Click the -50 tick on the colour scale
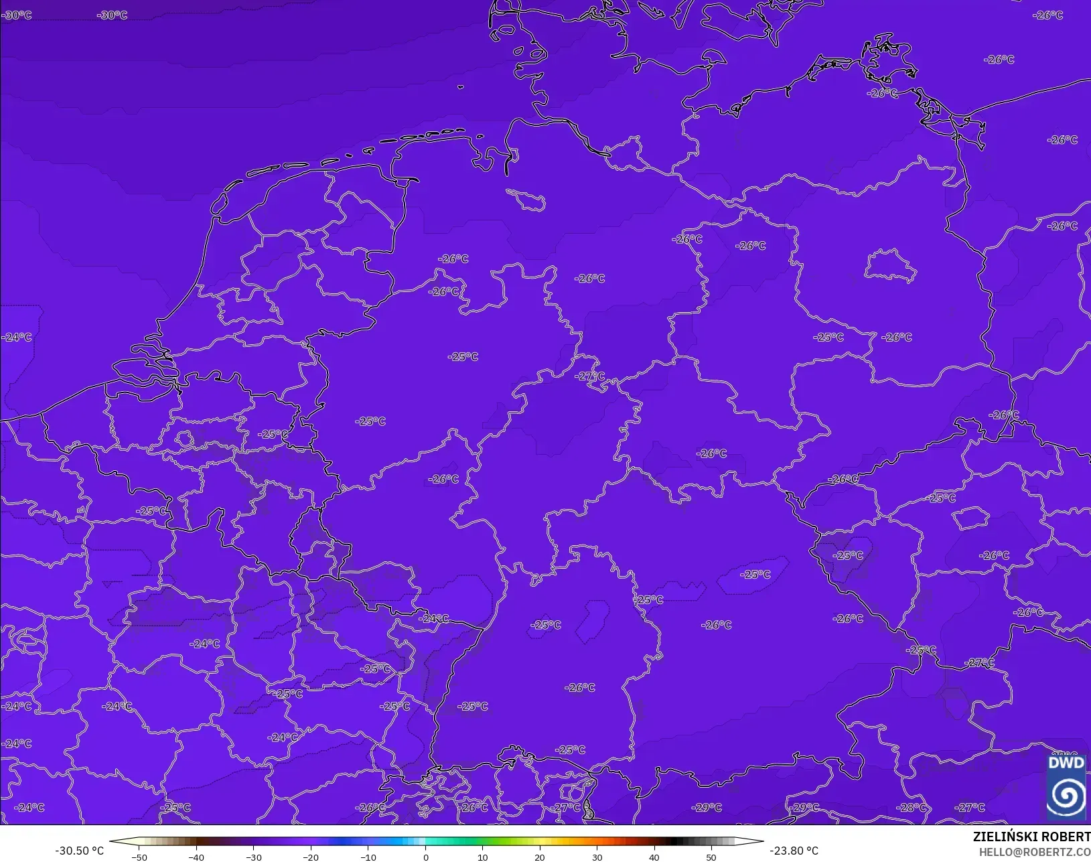point(139,857)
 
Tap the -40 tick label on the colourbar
point(196,857)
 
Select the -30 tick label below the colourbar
point(253,857)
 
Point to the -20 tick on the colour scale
point(311,857)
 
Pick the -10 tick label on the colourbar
point(368,857)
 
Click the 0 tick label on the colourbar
point(425,857)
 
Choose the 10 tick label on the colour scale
point(482,857)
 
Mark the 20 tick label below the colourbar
point(540,857)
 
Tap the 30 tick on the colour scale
point(597,857)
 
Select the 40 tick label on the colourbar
point(654,857)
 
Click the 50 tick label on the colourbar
point(711,857)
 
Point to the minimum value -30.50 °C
point(79,851)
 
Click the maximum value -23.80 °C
point(794,851)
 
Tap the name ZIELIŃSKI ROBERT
point(1031,837)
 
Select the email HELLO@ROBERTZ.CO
point(1035,852)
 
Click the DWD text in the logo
point(1066,763)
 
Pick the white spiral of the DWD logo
point(1066,795)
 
